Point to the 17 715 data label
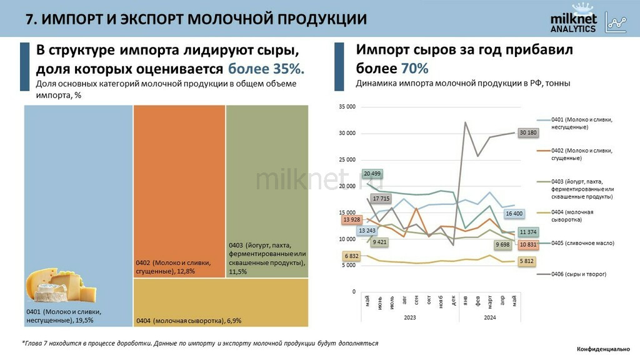[x=381, y=199]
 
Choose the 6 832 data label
[x=351, y=256]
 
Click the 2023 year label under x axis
[x=409, y=317]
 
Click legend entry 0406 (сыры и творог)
[x=579, y=274]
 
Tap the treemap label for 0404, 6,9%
[x=188, y=321]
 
